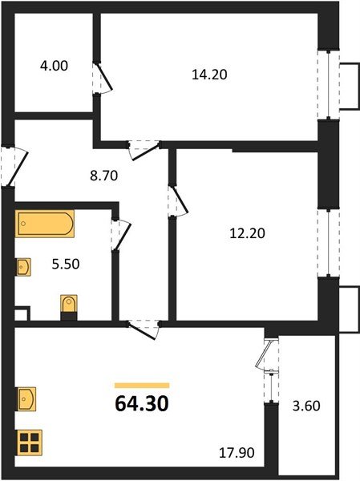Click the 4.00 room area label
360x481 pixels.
55,67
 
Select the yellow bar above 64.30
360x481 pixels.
141,386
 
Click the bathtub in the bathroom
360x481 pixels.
44,223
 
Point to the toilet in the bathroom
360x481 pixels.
69,306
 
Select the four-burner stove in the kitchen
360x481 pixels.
28,442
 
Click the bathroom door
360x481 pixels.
121,235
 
